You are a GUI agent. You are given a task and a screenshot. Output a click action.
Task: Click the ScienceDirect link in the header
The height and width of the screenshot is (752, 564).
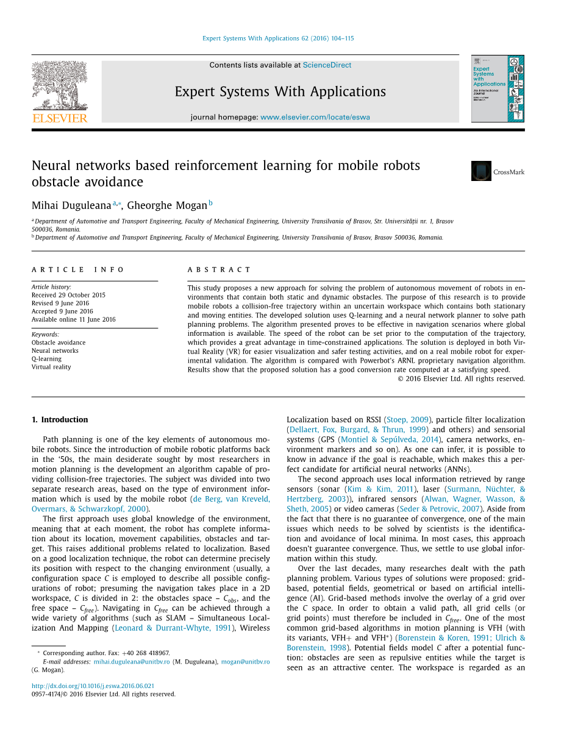[x=327, y=65]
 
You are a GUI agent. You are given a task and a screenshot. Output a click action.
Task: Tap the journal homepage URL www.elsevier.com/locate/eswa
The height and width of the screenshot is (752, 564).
[x=315, y=117]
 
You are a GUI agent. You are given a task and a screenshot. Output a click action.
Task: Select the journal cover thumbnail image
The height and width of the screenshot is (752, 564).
[x=497, y=89]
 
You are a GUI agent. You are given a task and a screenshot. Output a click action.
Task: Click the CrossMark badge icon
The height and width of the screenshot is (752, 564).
[x=481, y=171]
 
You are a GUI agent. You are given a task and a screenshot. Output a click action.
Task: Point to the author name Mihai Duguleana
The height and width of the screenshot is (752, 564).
[x=71, y=205]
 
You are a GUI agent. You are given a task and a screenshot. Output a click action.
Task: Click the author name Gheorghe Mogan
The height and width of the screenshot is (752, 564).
[x=167, y=205]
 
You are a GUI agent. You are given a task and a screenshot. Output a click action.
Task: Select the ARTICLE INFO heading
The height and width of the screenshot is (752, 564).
[x=77, y=269]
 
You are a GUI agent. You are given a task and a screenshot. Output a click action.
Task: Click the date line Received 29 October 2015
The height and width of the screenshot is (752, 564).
[x=68, y=295]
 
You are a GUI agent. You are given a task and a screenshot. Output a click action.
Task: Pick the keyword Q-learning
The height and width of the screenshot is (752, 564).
[x=46, y=359]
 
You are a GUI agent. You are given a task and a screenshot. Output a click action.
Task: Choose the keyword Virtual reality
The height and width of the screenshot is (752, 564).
[x=51, y=367]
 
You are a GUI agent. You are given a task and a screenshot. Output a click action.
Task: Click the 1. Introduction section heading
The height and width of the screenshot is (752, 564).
[x=60, y=419]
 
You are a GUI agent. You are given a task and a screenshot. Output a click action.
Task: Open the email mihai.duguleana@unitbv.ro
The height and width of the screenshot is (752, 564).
[x=131, y=661]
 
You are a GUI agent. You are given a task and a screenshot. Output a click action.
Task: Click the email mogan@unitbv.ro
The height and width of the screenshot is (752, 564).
[x=245, y=661]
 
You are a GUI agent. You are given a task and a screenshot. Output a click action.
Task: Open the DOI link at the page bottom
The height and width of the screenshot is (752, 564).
[x=93, y=686]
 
